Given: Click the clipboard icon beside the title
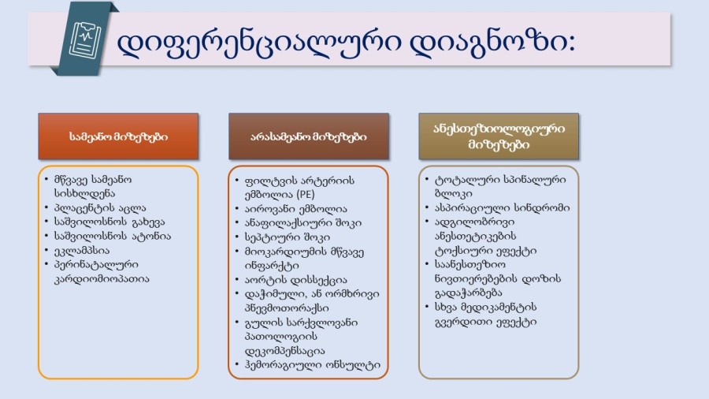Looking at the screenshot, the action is pyautogui.click(x=85, y=39).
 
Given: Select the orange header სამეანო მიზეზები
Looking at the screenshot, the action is pyautogui.click(x=118, y=136).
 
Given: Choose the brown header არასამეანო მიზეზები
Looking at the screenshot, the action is pyautogui.click(x=309, y=136).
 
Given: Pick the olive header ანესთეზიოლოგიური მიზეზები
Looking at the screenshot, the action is pyautogui.click(x=499, y=136).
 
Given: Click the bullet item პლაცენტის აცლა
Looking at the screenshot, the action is pyautogui.click(x=100, y=208).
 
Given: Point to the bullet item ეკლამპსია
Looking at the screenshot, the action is pyautogui.click(x=82, y=250).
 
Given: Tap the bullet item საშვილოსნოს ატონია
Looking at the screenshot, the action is pyautogui.click(x=113, y=236).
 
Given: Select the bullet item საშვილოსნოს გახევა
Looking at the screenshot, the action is pyautogui.click(x=110, y=222).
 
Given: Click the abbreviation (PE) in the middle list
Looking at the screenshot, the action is pyautogui.click(x=306, y=195).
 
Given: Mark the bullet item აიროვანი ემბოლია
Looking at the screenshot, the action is pyautogui.click(x=295, y=209).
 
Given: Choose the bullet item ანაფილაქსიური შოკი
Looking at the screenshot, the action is pyautogui.click(x=303, y=223).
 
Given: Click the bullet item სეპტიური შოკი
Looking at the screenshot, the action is pyautogui.click(x=287, y=237).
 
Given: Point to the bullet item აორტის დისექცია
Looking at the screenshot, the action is pyautogui.click(x=295, y=280).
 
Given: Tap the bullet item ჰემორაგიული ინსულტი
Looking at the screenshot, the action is pyautogui.click(x=313, y=365).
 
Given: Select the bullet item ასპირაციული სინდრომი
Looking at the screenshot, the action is pyautogui.click(x=503, y=207).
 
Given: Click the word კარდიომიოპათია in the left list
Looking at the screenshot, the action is pyautogui.click(x=102, y=278).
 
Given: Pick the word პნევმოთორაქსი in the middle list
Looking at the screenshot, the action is pyautogui.click(x=287, y=308).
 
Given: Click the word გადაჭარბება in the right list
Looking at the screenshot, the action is pyautogui.click(x=468, y=293).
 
